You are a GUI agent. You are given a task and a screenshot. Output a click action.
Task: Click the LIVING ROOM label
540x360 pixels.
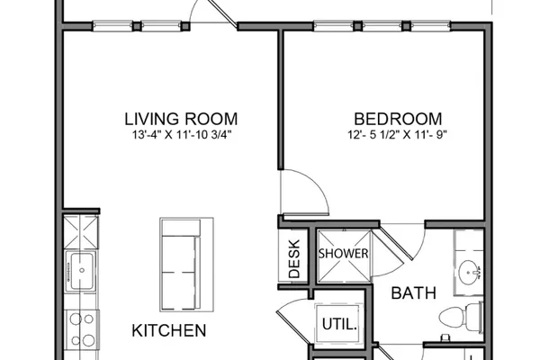181,119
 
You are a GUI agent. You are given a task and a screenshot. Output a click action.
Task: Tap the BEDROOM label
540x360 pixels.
398,119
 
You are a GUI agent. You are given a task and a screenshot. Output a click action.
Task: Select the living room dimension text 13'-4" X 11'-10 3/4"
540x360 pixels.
182,135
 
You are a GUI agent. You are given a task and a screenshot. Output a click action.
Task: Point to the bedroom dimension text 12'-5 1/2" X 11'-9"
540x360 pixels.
397,135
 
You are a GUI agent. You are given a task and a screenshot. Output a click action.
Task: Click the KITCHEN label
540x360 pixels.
169,330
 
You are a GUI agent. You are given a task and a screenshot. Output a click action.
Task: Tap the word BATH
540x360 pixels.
414,293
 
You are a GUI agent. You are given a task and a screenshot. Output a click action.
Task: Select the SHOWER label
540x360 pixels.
344,254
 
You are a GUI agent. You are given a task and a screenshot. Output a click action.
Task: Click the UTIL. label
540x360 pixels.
339,324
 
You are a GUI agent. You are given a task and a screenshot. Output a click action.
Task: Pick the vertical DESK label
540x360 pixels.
294,259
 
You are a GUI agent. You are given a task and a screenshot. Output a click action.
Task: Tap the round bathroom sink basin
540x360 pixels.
469,272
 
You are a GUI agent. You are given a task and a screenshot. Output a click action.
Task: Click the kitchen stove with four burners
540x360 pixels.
82,329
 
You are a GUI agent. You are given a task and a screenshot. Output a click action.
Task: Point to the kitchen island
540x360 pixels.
186,265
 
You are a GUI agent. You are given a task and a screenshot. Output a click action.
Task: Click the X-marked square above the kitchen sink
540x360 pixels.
82,232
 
